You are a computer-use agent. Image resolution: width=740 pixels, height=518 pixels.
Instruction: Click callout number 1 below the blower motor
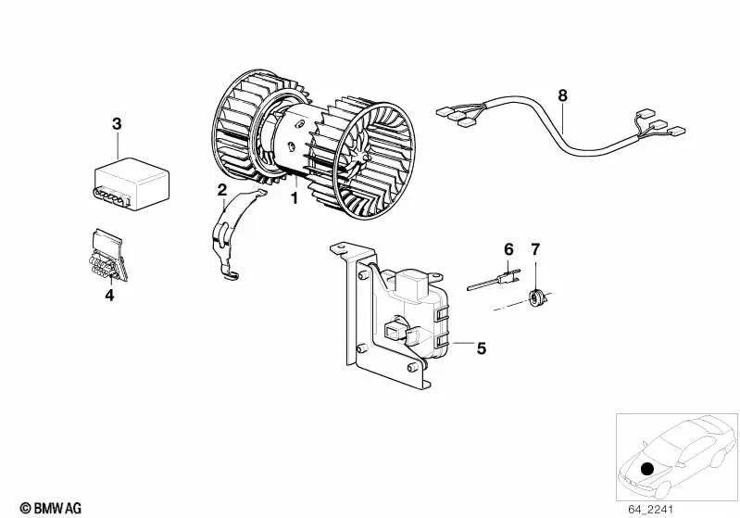click(294, 198)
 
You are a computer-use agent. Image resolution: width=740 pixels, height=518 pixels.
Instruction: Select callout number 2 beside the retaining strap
click(221, 190)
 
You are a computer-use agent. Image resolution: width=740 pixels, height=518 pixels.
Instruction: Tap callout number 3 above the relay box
click(117, 124)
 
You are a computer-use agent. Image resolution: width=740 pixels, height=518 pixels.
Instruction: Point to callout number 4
click(109, 295)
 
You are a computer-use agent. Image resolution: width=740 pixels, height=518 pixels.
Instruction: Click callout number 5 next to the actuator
click(481, 348)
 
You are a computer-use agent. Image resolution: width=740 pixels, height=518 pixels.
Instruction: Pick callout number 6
click(508, 249)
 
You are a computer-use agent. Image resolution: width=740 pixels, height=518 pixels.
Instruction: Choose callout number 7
click(535, 249)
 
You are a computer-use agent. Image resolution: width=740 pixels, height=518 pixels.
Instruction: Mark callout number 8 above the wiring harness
click(562, 95)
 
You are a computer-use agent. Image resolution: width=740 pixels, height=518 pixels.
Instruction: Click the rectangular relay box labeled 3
click(132, 184)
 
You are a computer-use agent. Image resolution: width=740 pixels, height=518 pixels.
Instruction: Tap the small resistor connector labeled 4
click(108, 256)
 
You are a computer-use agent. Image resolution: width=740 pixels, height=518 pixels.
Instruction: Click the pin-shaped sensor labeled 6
click(494, 280)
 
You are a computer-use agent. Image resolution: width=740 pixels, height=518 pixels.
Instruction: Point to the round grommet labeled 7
click(537, 297)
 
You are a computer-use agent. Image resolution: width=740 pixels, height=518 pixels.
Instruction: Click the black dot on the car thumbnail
click(647, 469)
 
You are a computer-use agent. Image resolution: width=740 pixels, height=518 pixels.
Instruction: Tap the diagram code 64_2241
click(650, 510)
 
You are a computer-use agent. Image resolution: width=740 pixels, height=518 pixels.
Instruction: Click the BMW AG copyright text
click(51, 508)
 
